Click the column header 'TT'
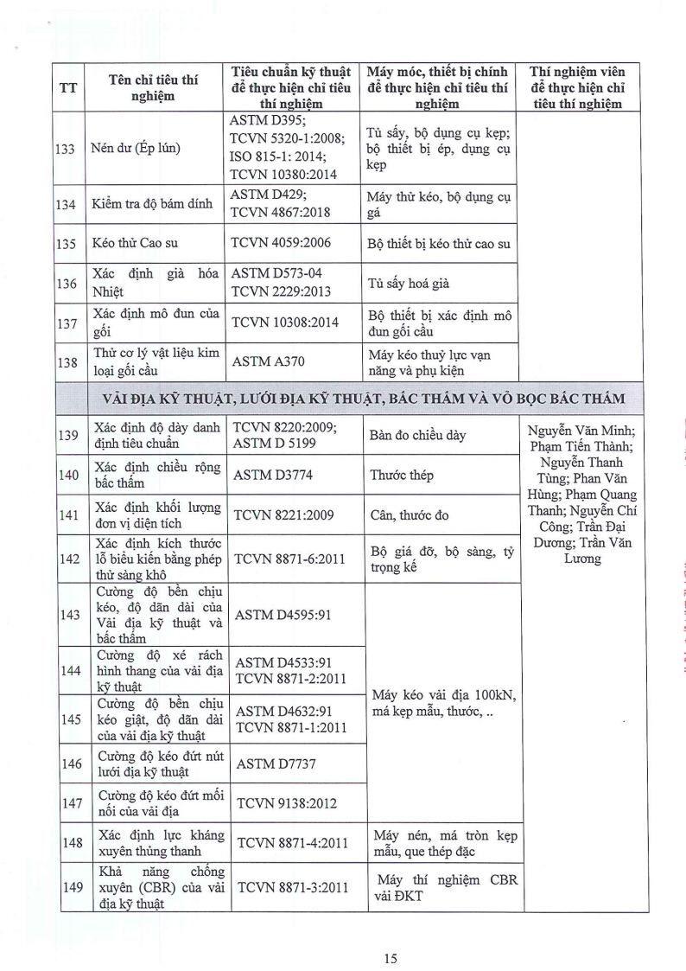pos(67,88)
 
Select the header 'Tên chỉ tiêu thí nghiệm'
pos(154,88)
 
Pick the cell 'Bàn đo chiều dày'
pos(418,435)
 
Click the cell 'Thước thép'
pos(402,475)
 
